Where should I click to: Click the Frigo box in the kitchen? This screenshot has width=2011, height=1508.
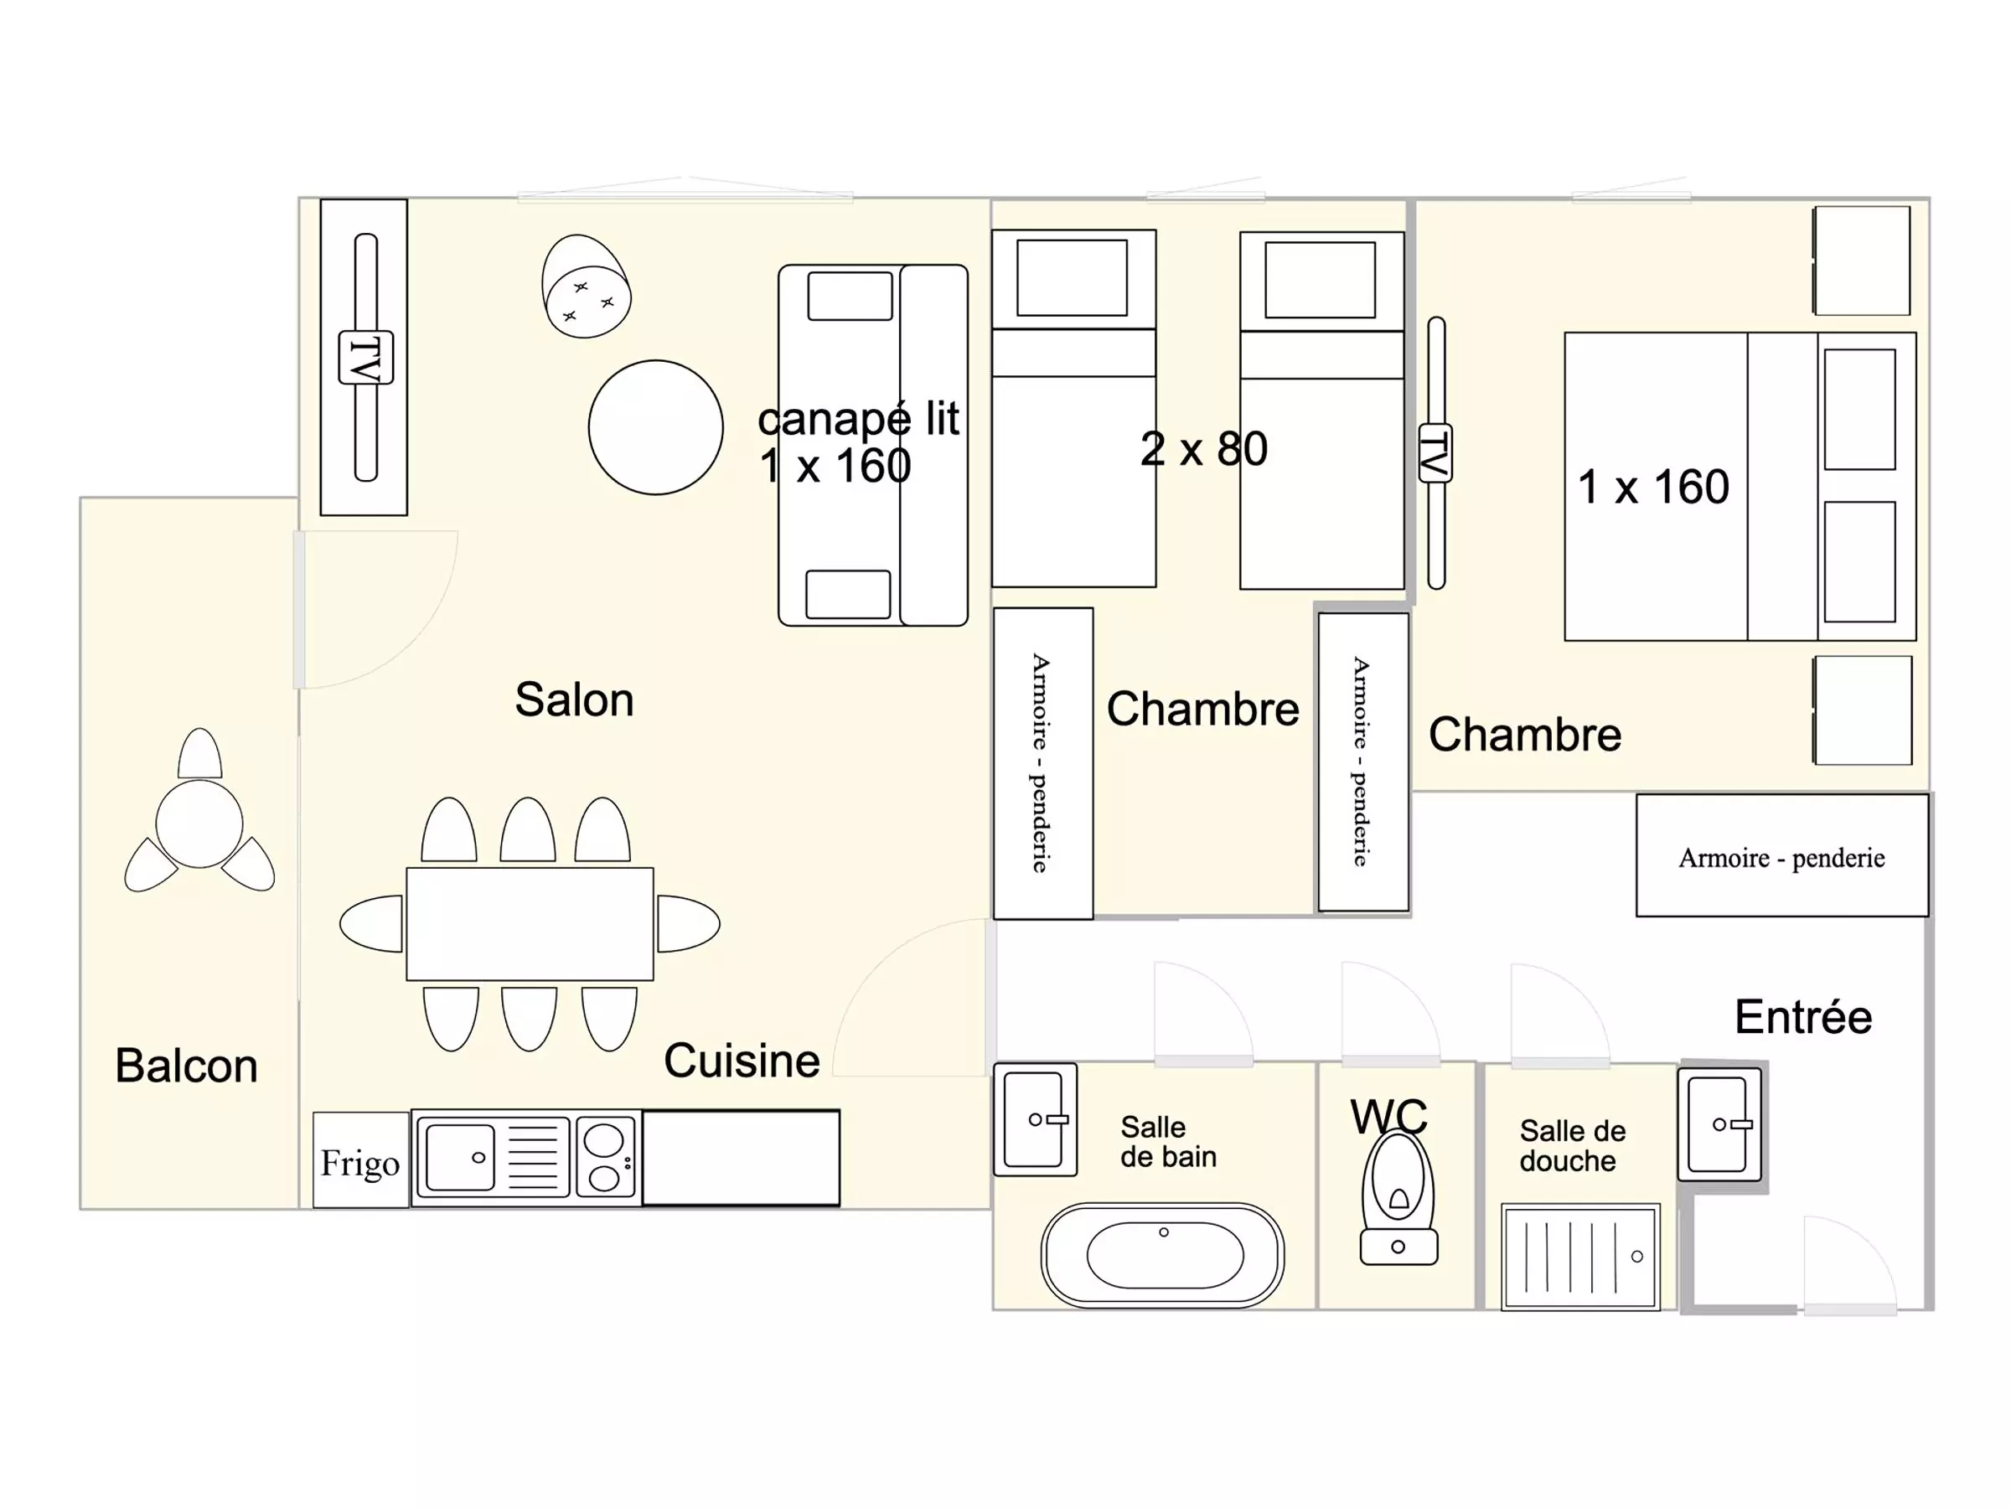(x=361, y=1159)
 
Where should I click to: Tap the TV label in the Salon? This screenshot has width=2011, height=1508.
(x=365, y=357)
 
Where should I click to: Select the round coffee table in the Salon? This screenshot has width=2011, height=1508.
(x=655, y=427)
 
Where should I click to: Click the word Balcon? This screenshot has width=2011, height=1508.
(x=186, y=1066)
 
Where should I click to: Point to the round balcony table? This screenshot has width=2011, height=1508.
(x=199, y=824)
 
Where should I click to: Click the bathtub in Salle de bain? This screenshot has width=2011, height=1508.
(x=1163, y=1255)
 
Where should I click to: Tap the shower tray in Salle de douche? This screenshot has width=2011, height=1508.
(x=1581, y=1258)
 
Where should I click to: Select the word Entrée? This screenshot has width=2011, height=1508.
(x=1804, y=1016)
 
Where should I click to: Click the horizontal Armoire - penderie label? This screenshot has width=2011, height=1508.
(x=1782, y=857)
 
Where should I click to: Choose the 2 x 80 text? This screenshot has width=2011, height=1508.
(x=1204, y=449)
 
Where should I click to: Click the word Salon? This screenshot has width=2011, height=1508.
(x=575, y=699)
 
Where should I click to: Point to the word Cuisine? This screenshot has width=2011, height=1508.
(x=742, y=1061)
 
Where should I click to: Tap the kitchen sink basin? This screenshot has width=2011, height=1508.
(x=460, y=1158)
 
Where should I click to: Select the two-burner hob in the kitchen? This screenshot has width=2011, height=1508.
(x=606, y=1158)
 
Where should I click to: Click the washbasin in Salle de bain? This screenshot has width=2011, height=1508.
(x=1036, y=1120)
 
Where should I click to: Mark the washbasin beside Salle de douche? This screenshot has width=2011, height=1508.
(x=1719, y=1124)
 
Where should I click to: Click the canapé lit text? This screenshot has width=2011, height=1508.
(x=859, y=418)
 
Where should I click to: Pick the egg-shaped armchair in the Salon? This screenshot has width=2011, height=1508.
(x=586, y=287)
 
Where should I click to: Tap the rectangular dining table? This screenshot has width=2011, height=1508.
(x=530, y=924)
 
